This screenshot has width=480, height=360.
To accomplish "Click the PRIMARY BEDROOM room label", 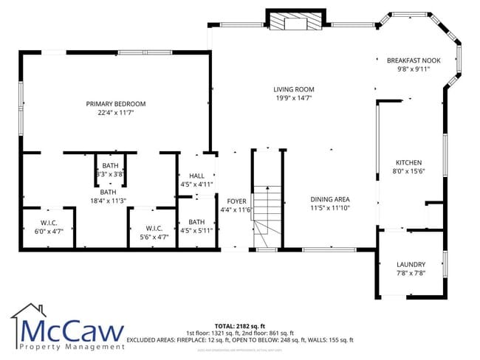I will (x=115, y=104).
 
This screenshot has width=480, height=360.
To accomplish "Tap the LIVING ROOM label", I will (x=294, y=89).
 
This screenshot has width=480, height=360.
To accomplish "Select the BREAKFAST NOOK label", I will (x=414, y=61).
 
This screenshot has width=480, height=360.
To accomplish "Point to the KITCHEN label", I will (x=408, y=162).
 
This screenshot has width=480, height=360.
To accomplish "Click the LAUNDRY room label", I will (x=410, y=265).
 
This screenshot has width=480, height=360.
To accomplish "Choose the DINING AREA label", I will (x=329, y=199).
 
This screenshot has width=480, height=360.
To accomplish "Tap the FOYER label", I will (x=236, y=201).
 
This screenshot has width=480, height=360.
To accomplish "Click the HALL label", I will (x=196, y=176).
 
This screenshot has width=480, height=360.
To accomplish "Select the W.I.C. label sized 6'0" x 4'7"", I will (x=49, y=222).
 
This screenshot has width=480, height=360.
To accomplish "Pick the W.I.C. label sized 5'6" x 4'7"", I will (x=154, y=228).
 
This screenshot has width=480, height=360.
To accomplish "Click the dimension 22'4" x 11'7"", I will (x=115, y=113).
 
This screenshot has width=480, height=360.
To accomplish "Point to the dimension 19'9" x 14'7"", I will (x=294, y=98).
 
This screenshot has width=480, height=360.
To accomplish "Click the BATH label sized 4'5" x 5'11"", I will (x=196, y=222).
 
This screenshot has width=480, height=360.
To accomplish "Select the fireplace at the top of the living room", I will (x=294, y=21).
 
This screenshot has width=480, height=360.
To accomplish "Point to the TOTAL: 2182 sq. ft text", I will (x=239, y=325).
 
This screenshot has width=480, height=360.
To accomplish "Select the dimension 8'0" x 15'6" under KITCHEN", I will (x=408, y=171).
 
